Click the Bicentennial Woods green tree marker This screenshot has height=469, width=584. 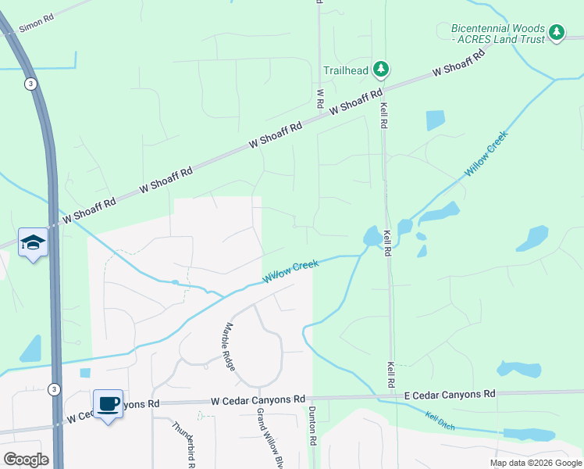point(556,32)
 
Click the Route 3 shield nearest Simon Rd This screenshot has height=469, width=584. point(30,84)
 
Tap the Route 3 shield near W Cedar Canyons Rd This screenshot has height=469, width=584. point(53,388)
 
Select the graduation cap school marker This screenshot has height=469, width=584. point(34,242)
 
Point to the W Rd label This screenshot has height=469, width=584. point(320,98)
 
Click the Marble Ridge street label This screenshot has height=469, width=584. point(230,346)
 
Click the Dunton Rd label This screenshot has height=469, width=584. point(312,426)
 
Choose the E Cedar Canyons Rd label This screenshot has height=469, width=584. point(450,395)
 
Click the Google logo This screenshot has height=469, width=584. point(26,460)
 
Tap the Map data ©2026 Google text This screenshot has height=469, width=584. point(535,462)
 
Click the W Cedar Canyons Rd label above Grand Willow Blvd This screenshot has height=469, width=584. point(258,400)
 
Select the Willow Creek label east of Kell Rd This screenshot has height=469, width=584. point(486,152)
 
